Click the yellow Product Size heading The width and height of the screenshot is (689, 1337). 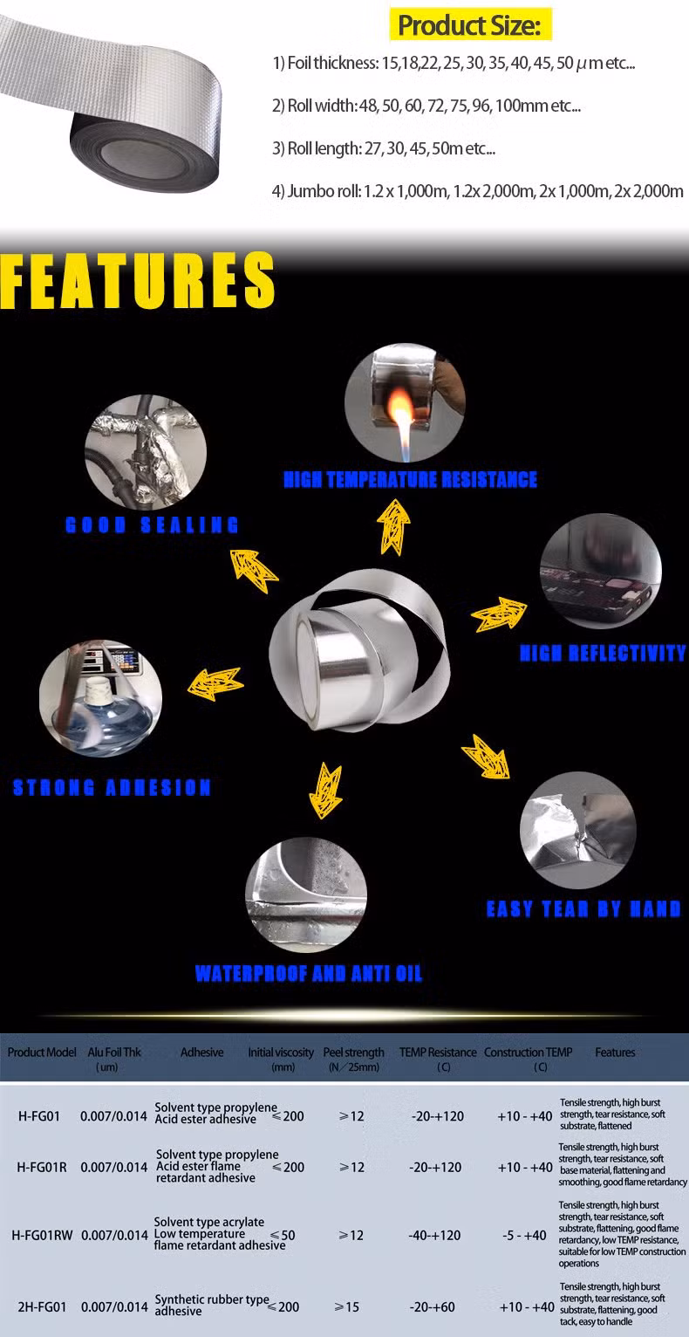click(470, 25)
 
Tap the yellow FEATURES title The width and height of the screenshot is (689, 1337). click(137, 280)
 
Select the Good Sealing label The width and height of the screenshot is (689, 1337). click(152, 525)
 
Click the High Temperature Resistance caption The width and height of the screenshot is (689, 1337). click(411, 479)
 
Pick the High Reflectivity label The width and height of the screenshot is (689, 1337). click(603, 653)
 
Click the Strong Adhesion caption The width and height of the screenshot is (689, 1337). click(112, 787)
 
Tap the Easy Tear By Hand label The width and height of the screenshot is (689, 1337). click(583, 908)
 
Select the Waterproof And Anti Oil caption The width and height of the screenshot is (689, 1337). click(309, 973)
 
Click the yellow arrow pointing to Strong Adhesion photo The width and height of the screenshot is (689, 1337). click(215, 683)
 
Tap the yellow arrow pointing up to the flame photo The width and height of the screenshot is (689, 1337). click(393, 527)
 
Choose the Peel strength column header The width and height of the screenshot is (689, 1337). click(354, 1059)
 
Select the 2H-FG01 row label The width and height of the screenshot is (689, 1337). click(42, 1306)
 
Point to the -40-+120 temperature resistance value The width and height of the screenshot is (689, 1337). click(434, 1235)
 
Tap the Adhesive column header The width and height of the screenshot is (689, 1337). click(202, 1052)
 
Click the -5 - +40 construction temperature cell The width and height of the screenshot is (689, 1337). click(524, 1235)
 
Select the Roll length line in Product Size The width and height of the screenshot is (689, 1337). click(384, 148)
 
